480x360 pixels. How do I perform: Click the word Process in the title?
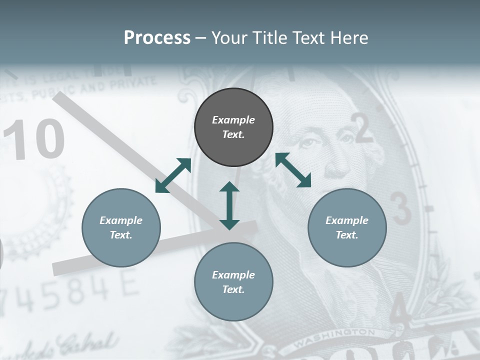point(157,37)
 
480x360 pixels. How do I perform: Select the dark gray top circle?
point(233,127)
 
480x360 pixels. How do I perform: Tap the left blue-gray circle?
point(121,227)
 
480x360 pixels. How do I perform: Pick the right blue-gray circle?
point(347,227)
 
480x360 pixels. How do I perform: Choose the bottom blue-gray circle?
point(233,282)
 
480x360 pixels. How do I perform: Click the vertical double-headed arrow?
point(229,205)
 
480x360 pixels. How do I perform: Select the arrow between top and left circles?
point(173,175)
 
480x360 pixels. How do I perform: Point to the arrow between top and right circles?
point(293,170)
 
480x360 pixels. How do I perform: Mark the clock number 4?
point(400,308)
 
